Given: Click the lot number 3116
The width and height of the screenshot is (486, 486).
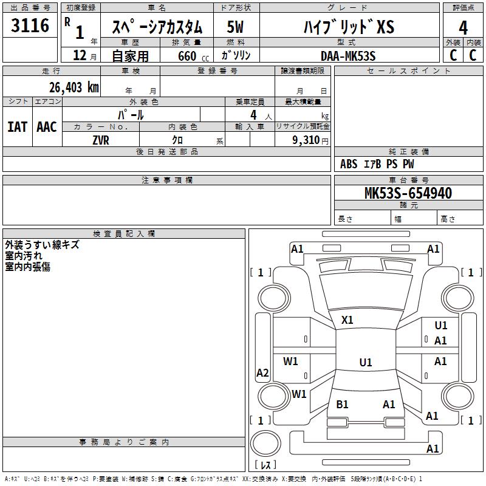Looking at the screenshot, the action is tap(30, 26).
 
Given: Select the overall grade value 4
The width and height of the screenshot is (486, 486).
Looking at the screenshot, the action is tap(463, 28).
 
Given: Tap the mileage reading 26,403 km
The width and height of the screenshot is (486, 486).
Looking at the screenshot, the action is tap(73, 87).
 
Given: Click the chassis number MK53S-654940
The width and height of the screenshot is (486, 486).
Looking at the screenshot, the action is tap(408, 193).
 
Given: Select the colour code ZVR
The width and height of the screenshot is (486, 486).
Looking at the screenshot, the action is tap(101, 140).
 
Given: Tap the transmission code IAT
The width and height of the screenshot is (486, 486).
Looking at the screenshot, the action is tap(17, 127).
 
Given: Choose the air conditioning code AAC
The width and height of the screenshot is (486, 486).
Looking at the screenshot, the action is tap(47, 127).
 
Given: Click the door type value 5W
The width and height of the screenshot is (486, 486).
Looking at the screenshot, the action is tap(236, 27).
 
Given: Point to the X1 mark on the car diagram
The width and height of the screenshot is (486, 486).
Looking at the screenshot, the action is tap(347, 320).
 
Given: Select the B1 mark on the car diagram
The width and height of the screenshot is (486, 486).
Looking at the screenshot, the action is tap(343, 404).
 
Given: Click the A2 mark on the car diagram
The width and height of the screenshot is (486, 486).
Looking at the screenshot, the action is tap(262, 373).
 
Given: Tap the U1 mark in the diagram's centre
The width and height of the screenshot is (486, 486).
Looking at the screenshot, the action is tap(365, 363).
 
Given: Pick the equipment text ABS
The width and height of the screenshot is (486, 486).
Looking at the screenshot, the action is tap(349, 164).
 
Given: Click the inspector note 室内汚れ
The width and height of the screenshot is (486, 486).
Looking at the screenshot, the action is tap(24, 256).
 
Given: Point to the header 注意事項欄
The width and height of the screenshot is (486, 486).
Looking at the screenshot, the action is tap(166, 180).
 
